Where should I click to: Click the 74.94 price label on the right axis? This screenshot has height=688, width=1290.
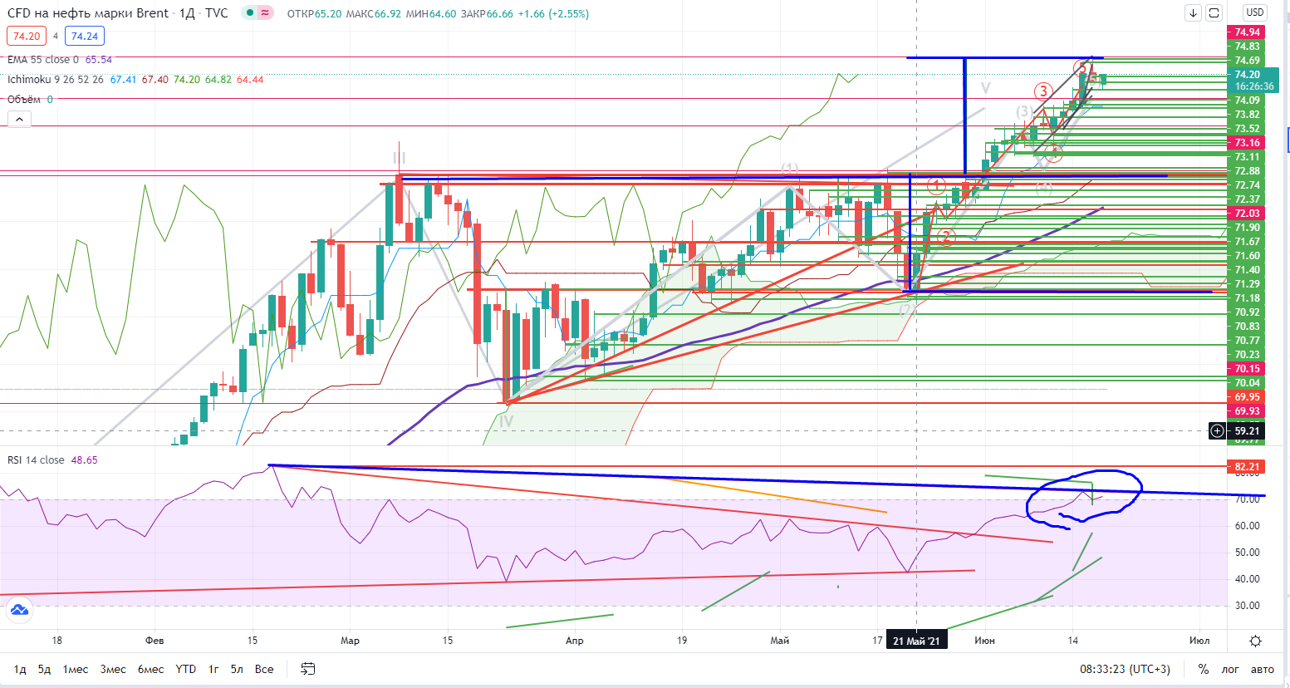[x=1247, y=32]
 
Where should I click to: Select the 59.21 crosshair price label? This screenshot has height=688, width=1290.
[x=1246, y=430]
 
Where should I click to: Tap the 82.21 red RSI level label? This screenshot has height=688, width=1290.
[x=1247, y=467]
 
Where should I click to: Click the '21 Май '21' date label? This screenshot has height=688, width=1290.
[x=916, y=641]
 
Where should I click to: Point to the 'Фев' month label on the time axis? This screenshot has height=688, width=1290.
[x=155, y=641]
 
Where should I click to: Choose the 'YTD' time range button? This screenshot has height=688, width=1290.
[x=186, y=669]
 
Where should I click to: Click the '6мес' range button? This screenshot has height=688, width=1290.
[x=150, y=669]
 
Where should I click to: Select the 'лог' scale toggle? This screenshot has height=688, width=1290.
[x=1230, y=669]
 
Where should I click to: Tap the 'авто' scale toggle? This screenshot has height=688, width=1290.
[x=1262, y=669]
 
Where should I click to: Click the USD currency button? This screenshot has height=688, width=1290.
[x=1254, y=12]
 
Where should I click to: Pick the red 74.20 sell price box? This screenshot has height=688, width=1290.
[x=27, y=36]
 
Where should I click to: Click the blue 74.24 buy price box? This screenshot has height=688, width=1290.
[x=85, y=36]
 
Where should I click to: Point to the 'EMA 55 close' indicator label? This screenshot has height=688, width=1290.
[x=43, y=60]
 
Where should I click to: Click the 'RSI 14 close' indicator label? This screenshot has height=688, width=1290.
[x=36, y=460]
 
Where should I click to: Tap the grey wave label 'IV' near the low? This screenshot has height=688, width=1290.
[x=506, y=421]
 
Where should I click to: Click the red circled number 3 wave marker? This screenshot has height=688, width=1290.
[x=1042, y=91]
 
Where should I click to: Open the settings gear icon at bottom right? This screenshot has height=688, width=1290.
[x=1255, y=641]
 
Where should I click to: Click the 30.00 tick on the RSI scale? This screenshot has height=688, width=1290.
[x=1247, y=606]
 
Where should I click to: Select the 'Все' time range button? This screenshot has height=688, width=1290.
[x=264, y=669]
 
